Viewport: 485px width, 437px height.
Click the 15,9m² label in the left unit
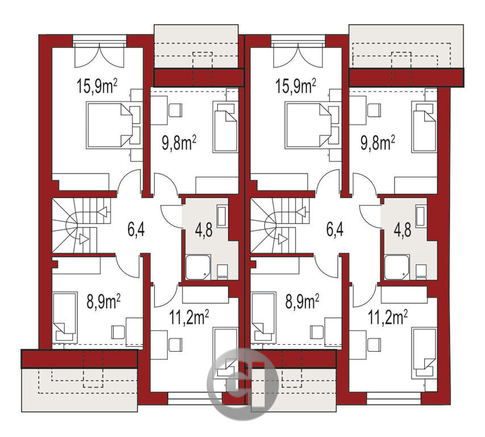coord(97,86)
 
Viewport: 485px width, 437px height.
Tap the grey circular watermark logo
coord(242,384)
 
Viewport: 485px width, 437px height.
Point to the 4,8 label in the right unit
coord(403,230)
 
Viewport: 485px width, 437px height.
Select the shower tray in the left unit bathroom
coord(198,267)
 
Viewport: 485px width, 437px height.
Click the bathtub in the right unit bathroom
coord(421,215)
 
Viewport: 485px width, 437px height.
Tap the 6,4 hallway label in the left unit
coord(136,230)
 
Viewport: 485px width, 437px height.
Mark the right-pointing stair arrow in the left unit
coord(84,239)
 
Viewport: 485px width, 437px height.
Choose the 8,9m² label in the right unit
coord(302,302)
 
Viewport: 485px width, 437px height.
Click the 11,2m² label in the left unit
coord(189,317)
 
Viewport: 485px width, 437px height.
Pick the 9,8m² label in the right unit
coord(378,143)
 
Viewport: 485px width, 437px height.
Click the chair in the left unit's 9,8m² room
coord(175,110)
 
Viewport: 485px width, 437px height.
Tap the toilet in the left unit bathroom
coord(223,272)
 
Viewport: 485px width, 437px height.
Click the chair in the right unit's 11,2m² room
coord(374,345)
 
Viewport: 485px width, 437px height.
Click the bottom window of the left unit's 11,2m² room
coord(195,399)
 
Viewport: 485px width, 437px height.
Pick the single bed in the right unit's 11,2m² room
coord(424,353)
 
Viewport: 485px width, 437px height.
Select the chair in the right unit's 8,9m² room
coord(317,332)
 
